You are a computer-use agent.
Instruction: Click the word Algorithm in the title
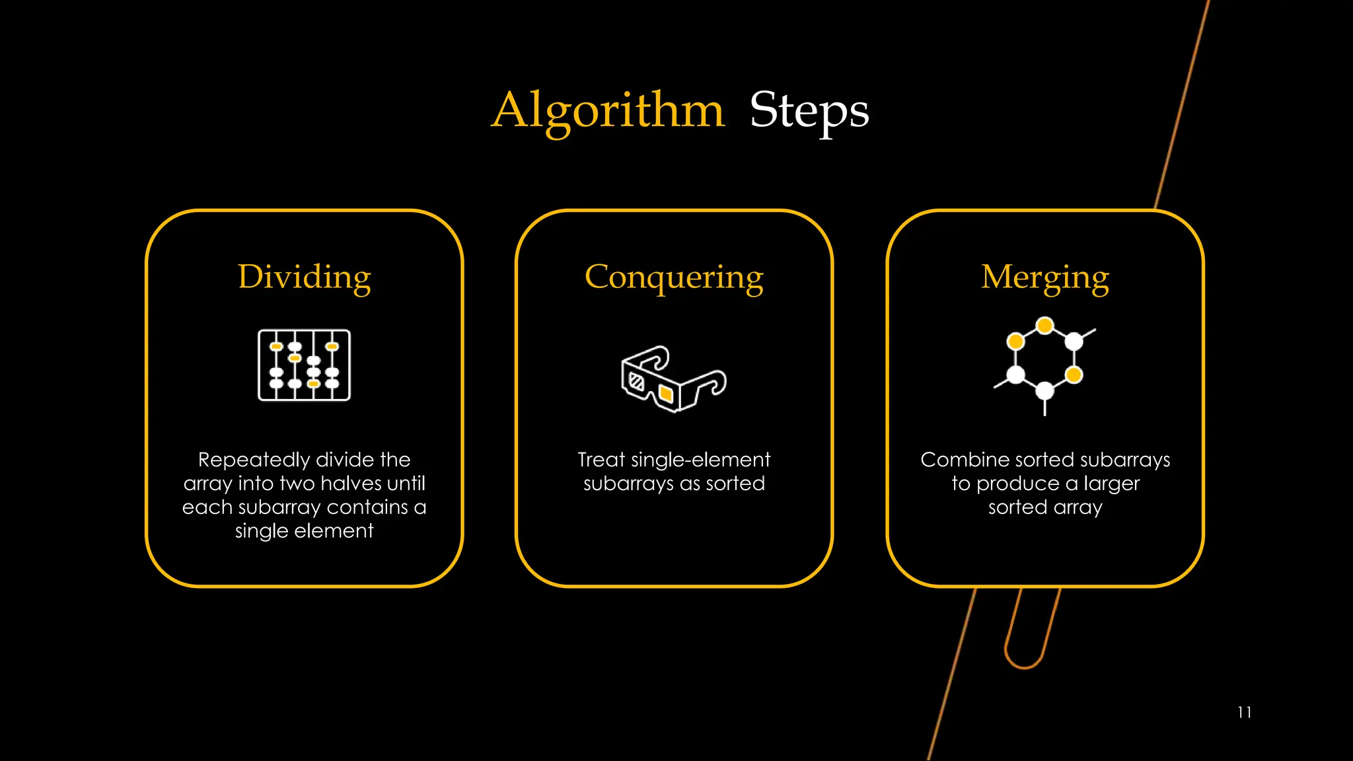pos(608,110)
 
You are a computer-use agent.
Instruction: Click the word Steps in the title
pos(809,110)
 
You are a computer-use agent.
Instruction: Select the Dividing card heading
pos(304,277)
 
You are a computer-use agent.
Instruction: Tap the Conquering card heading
pos(674,277)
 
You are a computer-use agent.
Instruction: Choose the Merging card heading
pos(1044,277)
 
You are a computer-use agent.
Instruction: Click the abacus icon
pos(304,365)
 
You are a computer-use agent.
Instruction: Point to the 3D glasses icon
pos(673,379)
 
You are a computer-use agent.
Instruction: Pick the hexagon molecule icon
pos(1044,365)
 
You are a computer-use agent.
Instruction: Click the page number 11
pos(1245,712)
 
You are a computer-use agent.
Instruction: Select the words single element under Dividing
pos(304,531)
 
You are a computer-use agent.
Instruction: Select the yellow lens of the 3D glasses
pos(666,394)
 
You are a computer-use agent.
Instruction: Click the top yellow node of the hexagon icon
pos(1044,325)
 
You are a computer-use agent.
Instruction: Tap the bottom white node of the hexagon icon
pos(1044,391)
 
